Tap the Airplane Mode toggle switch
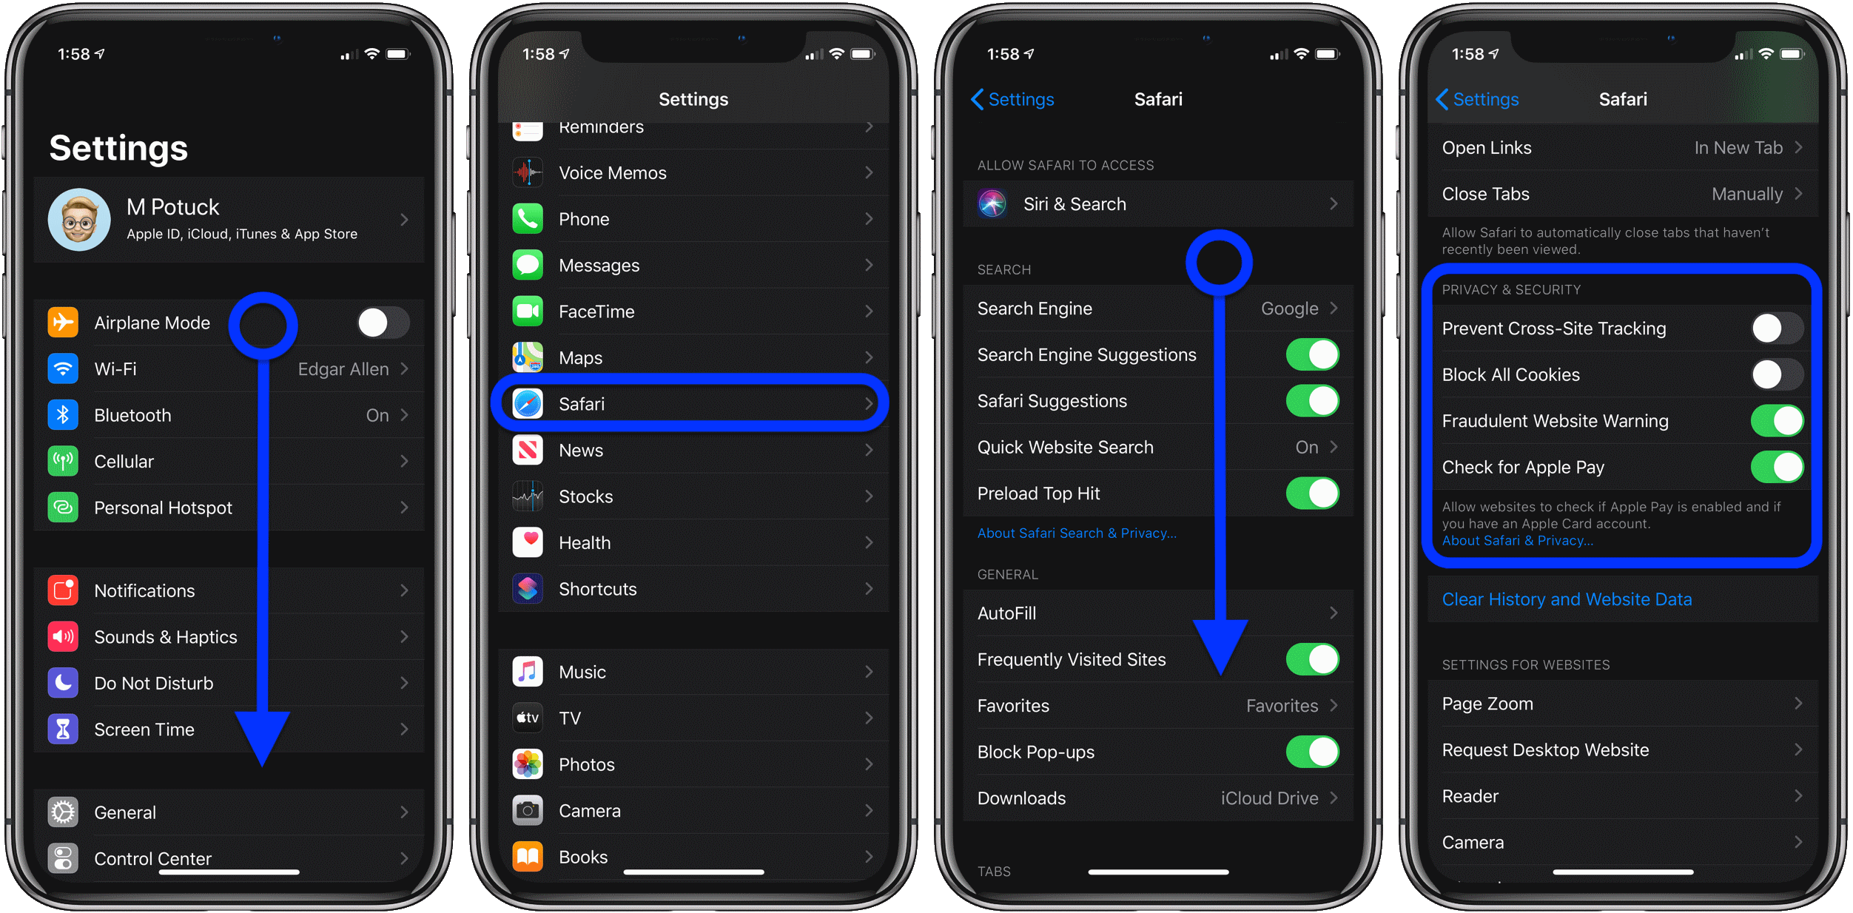coord(383,323)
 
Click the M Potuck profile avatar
coord(79,220)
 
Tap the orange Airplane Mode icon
coord(63,323)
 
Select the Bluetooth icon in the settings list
coord(63,415)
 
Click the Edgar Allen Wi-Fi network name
coord(343,369)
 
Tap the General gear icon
coord(63,812)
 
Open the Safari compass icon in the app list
coord(528,404)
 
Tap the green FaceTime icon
coord(528,311)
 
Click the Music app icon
coord(528,672)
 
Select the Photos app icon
coord(528,764)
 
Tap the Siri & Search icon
coord(992,203)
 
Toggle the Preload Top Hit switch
coord(1313,493)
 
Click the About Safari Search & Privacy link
coord(1077,533)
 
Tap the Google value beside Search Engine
coord(1289,309)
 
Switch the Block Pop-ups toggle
coord(1313,752)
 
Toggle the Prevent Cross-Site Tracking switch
coord(1778,329)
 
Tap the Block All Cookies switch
coord(1778,374)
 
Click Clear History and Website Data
coord(1567,599)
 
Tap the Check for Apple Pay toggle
coord(1778,467)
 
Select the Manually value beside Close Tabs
coord(1747,194)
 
